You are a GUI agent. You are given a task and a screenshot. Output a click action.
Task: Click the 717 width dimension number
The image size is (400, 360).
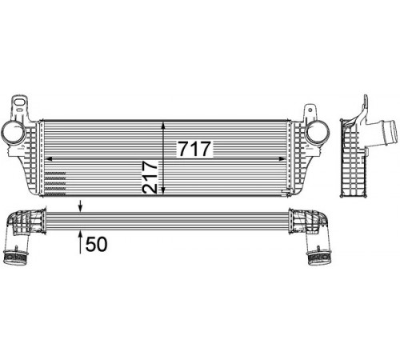(x=194, y=149)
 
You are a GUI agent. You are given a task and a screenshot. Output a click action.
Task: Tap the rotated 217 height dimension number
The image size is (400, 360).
(x=150, y=177)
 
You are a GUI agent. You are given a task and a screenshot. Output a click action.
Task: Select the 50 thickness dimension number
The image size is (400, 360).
(x=96, y=244)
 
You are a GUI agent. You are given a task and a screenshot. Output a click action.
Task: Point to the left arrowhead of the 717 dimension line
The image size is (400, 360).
(x=50, y=159)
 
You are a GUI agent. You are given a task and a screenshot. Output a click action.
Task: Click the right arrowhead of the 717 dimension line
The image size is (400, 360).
(x=282, y=159)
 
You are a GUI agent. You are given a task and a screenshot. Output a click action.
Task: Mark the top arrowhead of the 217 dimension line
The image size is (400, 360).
(x=163, y=126)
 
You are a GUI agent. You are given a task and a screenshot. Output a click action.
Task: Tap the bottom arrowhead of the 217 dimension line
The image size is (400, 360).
(x=163, y=190)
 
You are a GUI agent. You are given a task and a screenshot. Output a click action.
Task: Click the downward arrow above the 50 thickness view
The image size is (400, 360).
(x=81, y=206)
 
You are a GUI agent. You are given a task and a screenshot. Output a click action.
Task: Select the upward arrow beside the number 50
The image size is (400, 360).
(x=80, y=242)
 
